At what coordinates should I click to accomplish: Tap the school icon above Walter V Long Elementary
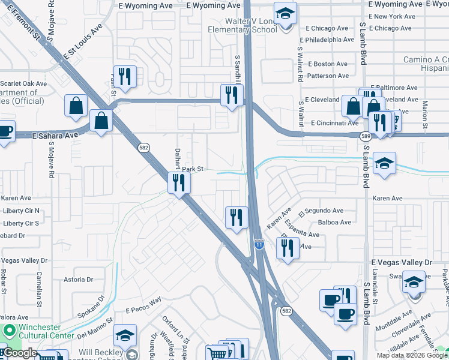coord(285,12)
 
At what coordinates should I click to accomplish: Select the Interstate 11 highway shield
coord(259,244)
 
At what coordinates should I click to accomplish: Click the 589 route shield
coord(366,137)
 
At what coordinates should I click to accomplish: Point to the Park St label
coord(194,169)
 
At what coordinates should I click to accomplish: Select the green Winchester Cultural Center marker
coord(8,331)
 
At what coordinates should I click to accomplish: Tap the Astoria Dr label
coord(78,280)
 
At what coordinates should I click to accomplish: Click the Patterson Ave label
coord(327,76)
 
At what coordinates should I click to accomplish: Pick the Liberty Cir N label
coord(21,211)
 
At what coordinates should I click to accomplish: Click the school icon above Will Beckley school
coord(125,335)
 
